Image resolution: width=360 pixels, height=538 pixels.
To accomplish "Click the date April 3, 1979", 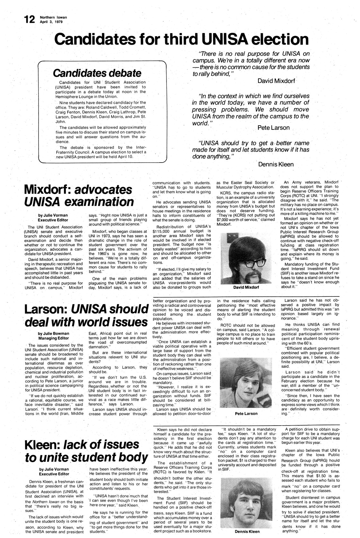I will [x=51, y=22].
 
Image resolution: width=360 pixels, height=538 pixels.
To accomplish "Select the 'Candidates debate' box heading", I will [x=97, y=73].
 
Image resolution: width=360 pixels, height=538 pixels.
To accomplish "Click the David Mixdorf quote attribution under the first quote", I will [x=276, y=81].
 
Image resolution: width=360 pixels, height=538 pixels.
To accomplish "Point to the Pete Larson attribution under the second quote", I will [x=274, y=128].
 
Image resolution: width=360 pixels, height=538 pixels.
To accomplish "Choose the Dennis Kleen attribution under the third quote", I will [x=276, y=164].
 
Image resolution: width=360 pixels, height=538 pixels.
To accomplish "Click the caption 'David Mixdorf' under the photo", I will [x=246, y=287].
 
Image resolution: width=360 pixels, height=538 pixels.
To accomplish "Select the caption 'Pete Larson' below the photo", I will [x=246, y=413].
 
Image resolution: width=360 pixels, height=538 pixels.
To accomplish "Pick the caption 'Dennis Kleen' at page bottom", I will [x=247, y=531].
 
